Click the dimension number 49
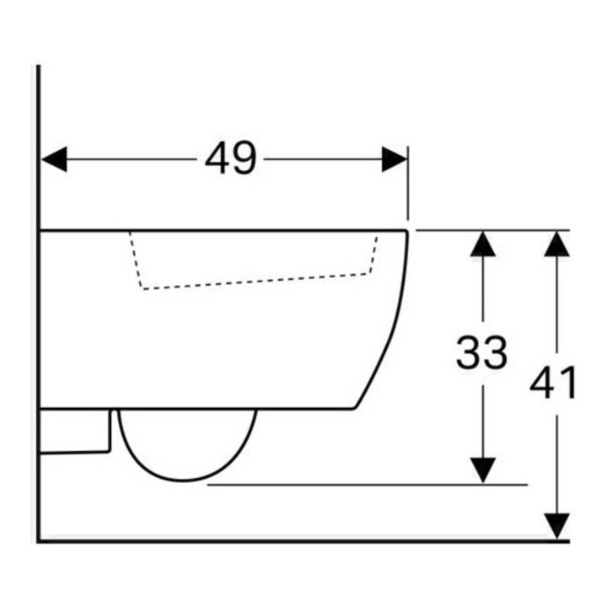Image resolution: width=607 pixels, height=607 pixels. pyautogui.click(x=231, y=158)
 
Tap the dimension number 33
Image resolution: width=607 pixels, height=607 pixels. pyautogui.click(x=481, y=352)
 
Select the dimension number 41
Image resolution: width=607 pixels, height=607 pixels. pyautogui.click(x=553, y=383)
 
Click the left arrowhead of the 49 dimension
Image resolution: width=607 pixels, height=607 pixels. pyautogui.click(x=54, y=158)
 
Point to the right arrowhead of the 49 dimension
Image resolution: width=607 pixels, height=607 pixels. pyautogui.click(x=395, y=158)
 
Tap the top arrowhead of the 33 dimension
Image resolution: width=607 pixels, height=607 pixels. pyautogui.click(x=483, y=244)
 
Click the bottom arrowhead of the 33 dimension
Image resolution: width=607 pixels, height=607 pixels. pyautogui.click(x=483, y=470)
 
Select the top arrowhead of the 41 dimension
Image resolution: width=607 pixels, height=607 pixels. pyautogui.click(x=556, y=244)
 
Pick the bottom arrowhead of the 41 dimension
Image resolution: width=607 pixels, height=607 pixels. pyautogui.click(x=556, y=526)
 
